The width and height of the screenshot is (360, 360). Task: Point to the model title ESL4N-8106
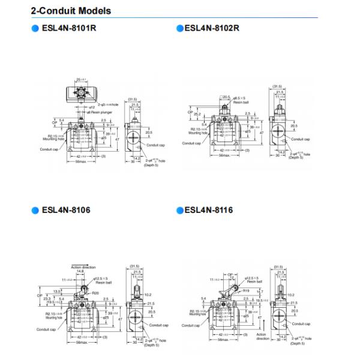(x=66, y=210)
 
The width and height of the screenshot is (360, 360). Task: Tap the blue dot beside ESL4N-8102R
(x=179, y=28)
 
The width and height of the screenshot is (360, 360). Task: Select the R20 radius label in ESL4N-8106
(x=95, y=293)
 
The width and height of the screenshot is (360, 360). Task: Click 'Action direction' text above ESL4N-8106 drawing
(x=83, y=266)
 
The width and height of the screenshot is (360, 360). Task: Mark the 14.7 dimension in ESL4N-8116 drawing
(x=259, y=292)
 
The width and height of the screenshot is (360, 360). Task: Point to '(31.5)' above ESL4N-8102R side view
(x=277, y=86)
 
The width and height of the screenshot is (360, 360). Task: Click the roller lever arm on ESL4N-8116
(x=231, y=293)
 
